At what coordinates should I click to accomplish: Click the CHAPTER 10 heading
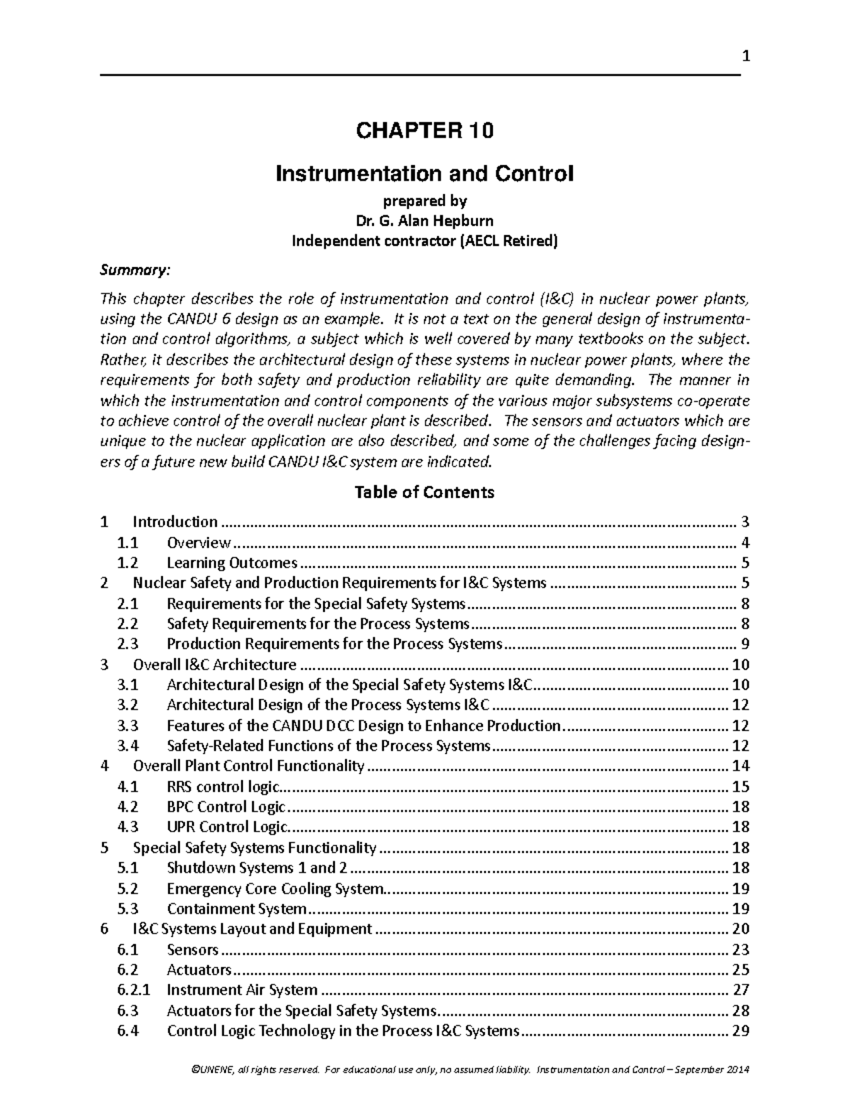tap(424, 131)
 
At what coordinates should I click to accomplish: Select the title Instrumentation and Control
tap(424, 174)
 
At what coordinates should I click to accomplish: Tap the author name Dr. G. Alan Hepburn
tap(424, 221)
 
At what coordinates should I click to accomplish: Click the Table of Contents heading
tap(424, 492)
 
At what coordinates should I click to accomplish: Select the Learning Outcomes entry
tap(232, 563)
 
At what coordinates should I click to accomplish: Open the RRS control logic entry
tap(223, 786)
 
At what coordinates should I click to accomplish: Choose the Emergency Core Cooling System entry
tap(275, 888)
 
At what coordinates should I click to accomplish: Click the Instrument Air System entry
tap(242, 990)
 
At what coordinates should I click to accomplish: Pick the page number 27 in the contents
tap(741, 990)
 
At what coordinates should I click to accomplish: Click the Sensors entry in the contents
tap(193, 949)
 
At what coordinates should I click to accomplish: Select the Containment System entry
tap(236, 909)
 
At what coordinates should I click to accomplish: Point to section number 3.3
tap(128, 725)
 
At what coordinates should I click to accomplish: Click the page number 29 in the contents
tap(741, 1031)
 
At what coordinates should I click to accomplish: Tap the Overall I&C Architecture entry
tap(215, 664)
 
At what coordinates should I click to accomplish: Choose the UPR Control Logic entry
tap(227, 827)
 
